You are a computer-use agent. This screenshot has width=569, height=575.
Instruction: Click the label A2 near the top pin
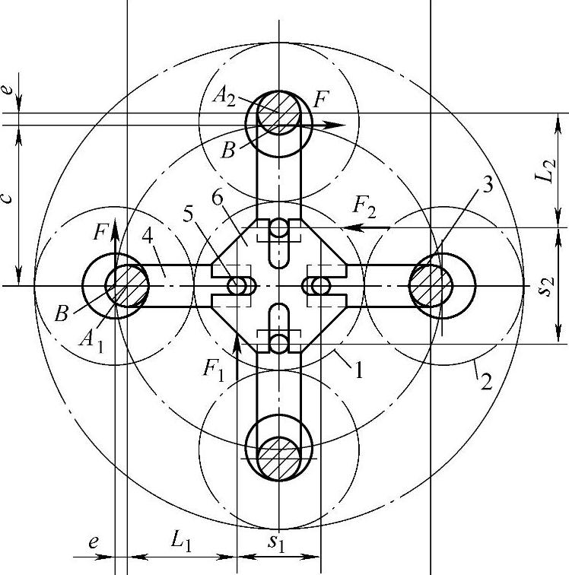click(224, 97)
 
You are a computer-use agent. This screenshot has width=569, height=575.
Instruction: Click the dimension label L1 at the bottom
click(181, 541)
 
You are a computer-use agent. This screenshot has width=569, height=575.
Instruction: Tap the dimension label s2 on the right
click(547, 286)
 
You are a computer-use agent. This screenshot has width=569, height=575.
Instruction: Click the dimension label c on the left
click(7, 198)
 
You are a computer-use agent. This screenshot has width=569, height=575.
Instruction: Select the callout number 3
click(487, 186)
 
